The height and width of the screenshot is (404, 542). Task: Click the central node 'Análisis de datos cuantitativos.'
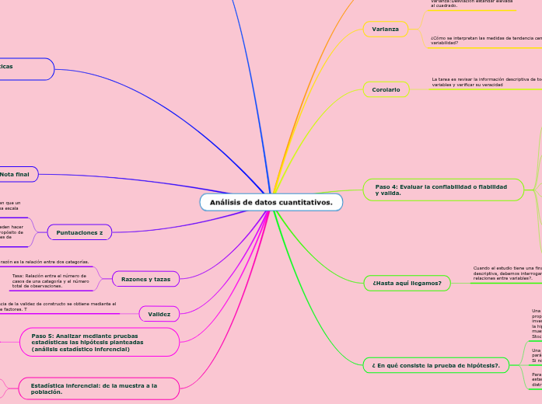271,203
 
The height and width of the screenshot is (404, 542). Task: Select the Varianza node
386,29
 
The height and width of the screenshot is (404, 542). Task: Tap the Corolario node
386,90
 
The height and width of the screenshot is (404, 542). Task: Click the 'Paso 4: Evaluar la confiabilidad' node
442,190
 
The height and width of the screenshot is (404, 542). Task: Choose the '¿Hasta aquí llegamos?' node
407,283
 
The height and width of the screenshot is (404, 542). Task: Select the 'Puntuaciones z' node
91,232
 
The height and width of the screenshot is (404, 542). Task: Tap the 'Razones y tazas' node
146,278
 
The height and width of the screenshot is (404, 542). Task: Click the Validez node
159,314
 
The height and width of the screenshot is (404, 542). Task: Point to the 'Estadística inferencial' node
93,388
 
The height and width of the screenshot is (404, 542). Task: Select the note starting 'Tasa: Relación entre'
51,280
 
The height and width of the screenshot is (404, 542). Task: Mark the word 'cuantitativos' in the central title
305,203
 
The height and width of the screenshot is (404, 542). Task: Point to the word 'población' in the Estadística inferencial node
46,392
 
